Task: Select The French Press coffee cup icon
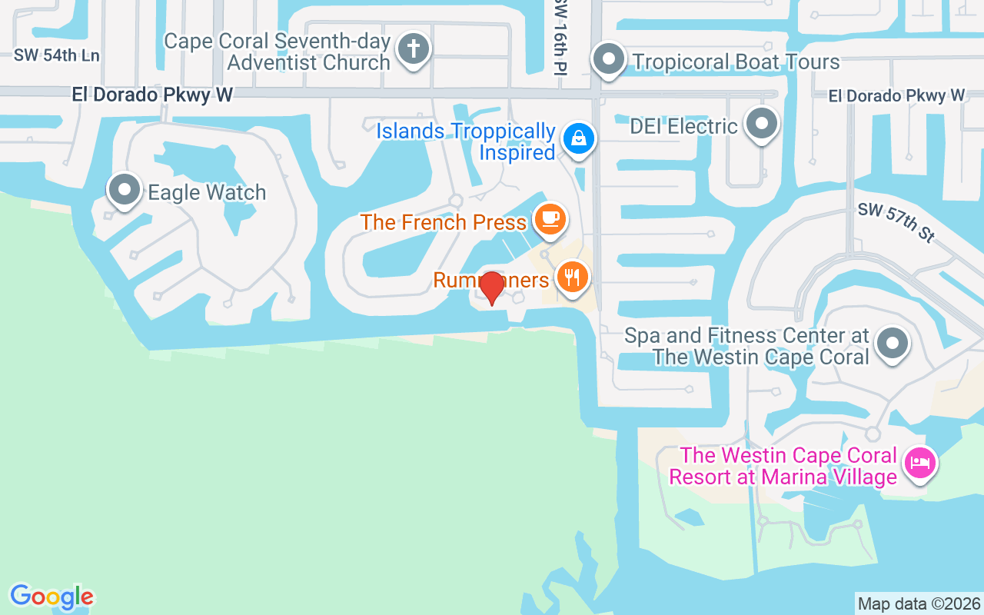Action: click(550, 218)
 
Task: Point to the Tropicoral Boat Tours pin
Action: click(610, 58)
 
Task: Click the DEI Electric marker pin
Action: click(762, 123)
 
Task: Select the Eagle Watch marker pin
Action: click(125, 188)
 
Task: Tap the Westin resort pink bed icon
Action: click(919, 463)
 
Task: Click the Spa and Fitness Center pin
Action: click(892, 343)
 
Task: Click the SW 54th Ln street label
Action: click(57, 55)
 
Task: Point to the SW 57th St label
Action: click(896, 223)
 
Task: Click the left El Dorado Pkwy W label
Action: click(152, 95)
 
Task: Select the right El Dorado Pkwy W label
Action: click(896, 95)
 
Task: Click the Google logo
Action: click(52, 597)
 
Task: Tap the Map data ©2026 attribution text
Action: click(919, 603)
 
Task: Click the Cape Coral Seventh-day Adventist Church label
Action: click(278, 52)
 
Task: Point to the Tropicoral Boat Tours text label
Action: click(735, 61)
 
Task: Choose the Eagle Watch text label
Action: click(207, 192)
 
